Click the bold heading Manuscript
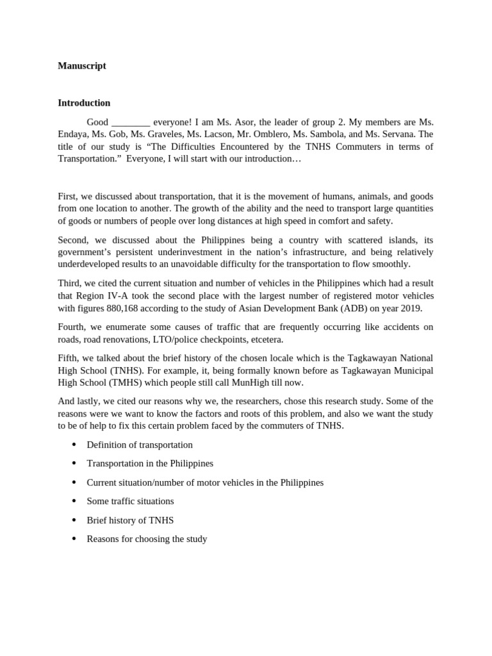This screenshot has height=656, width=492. coord(81,65)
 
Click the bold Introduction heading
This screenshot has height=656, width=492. coord(84,102)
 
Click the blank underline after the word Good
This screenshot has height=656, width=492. coord(131,122)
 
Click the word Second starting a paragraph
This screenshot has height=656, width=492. coord(74,240)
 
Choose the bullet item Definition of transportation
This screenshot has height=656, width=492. coord(139,445)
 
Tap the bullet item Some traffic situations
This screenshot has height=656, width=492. coord(130,501)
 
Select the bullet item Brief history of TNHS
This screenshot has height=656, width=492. coord(130,520)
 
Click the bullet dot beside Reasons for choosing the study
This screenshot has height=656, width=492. coord(74,539)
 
